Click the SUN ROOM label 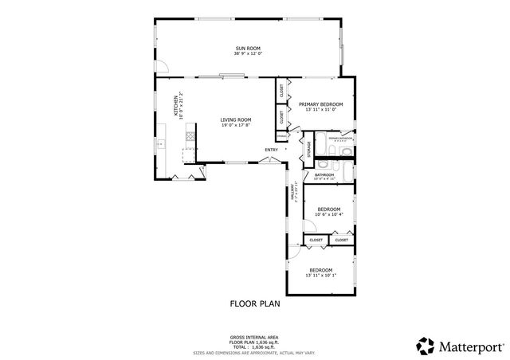248,49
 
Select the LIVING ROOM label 235,119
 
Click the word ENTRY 272,150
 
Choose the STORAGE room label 310,148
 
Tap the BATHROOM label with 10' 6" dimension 324,174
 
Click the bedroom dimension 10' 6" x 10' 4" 329,214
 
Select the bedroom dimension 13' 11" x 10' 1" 324,276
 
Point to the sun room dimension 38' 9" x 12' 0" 248,54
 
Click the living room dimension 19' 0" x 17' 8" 235,125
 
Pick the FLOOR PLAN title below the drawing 255,303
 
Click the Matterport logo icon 426,345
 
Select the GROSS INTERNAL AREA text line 255,338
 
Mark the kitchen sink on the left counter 159,144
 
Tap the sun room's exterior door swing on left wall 161,70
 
